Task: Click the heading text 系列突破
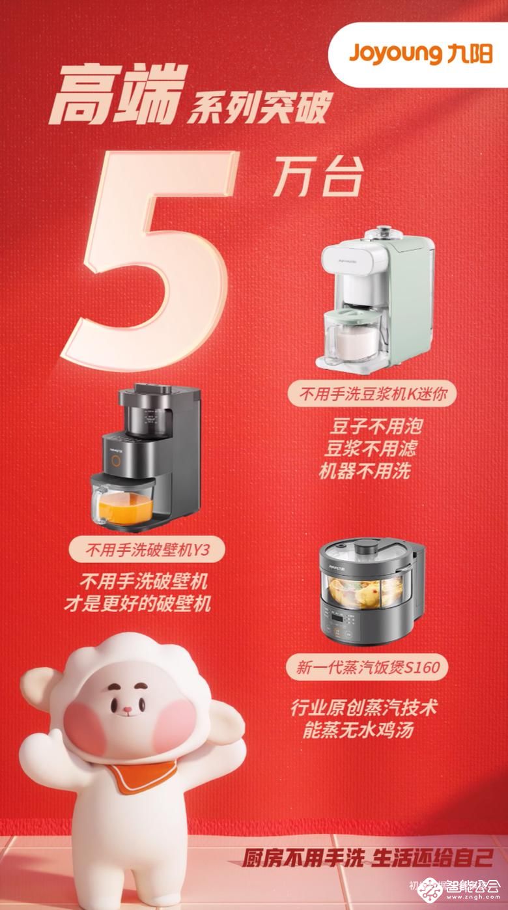pyautogui.click(x=259, y=108)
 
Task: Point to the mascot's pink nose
pyautogui.click(x=130, y=708)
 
